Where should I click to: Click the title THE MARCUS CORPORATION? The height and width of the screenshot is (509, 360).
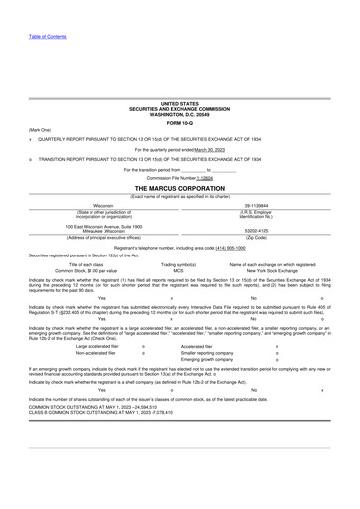click(x=179, y=187)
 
